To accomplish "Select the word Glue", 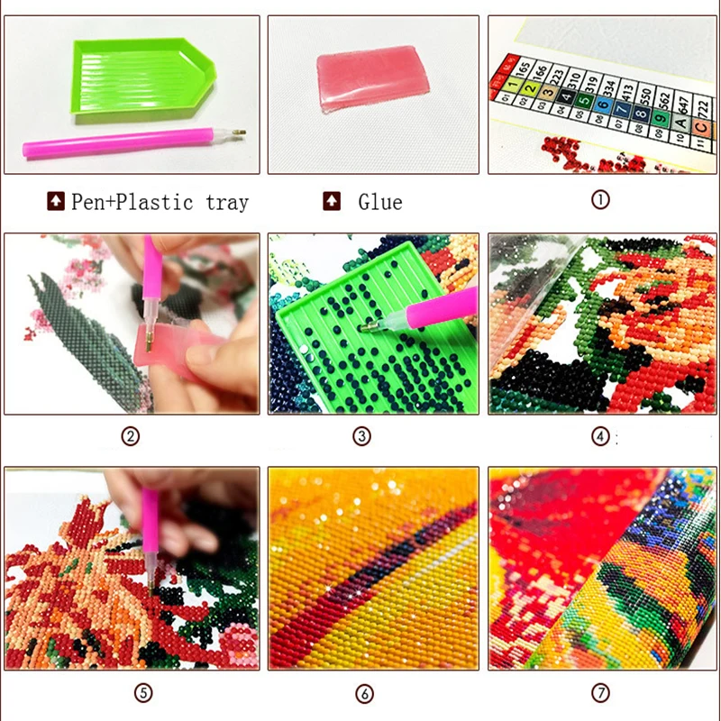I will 379,202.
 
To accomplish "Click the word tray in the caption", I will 226,202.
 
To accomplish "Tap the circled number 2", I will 132,437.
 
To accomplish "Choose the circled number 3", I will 361,437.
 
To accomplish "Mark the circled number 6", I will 364,693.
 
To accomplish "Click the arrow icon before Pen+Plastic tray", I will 56,201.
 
